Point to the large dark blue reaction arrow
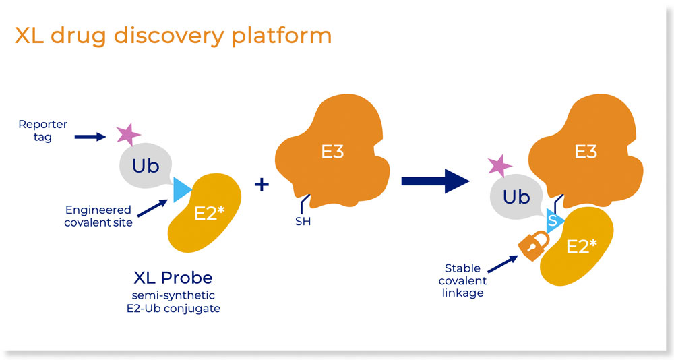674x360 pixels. click(435, 181)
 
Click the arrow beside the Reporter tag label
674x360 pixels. click(90, 137)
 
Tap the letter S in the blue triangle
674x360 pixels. click(552, 220)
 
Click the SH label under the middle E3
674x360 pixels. click(303, 221)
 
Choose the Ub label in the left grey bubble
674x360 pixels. click(146, 166)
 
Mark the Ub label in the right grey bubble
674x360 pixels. click(517, 197)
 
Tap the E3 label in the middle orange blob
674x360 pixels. click(332, 151)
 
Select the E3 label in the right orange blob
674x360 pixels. click(585, 151)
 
